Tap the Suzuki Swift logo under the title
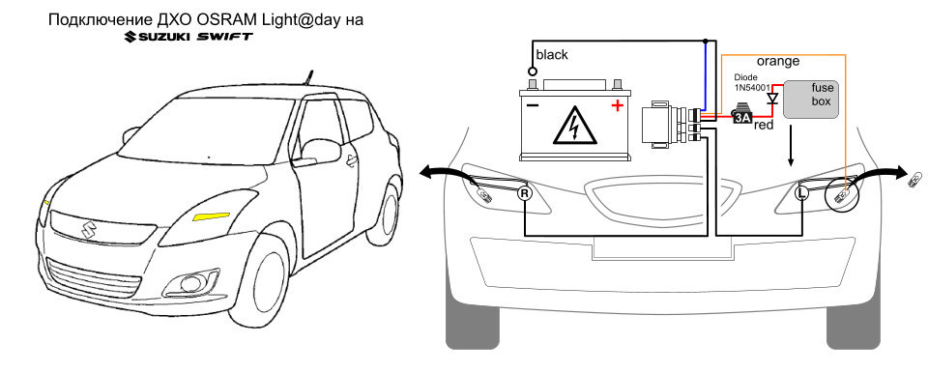pyautogui.click(x=188, y=37)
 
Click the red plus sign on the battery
pyautogui.click(x=618, y=106)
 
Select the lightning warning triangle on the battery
pyautogui.click(x=574, y=125)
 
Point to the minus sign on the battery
pyautogui.click(x=533, y=106)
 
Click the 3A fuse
pyautogui.click(x=741, y=115)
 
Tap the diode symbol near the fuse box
pyautogui.click(x=771, y=98)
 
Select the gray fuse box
pyautogui.click(x=811, y=100)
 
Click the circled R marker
pyautogui.click(x=524, y=193)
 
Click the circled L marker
pyautogui.click(x=802, y=193)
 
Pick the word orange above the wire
pyautogui.click(x=778, y=61)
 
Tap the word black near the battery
pyautogui.click(x=552, y=55)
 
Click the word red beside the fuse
pyautogui.click(x=764, y=125)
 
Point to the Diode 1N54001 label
pyautogui.click(x=751, y=83)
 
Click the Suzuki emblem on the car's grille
pyautogui.click(x=89, y=230)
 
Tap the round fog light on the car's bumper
pyautogui.click(x=189, y=283)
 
